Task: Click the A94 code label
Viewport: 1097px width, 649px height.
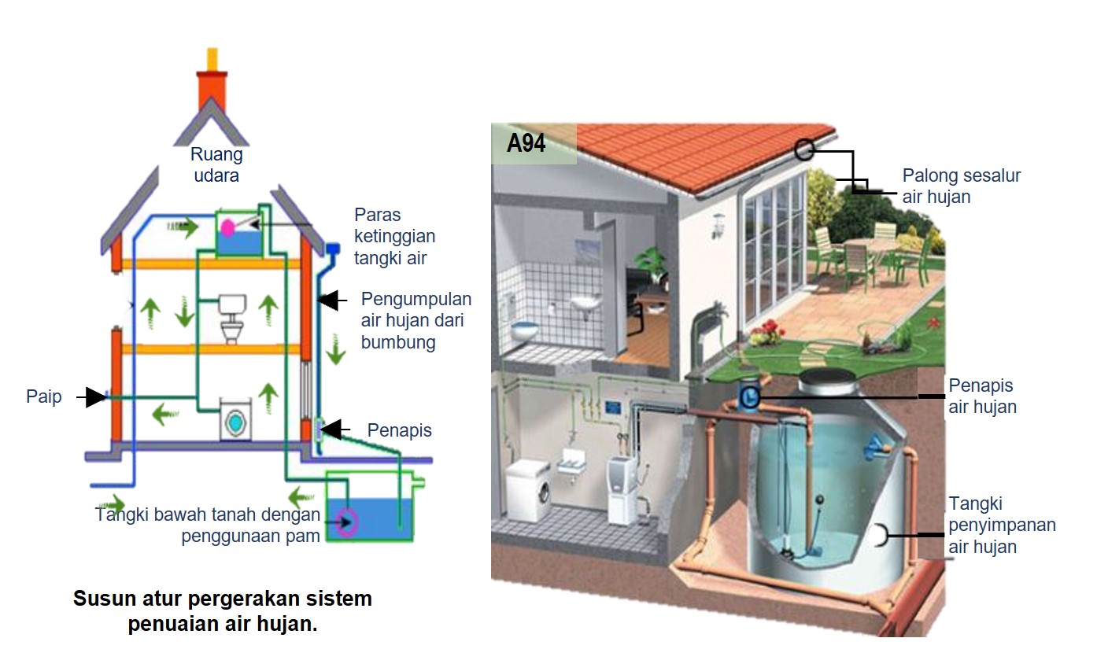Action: [x=526, y=144]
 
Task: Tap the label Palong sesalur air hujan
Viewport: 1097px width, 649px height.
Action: [x=961, y=186]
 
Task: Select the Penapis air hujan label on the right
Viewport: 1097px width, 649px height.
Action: [x=981, y=396]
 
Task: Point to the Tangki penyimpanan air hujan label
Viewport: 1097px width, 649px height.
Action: [x=1002, y=525]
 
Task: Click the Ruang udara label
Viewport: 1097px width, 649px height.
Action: [x=216, y=165]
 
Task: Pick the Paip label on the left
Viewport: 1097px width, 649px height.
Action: [x=44, y=397]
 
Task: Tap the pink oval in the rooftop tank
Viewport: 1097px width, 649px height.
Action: [x=227, y=228]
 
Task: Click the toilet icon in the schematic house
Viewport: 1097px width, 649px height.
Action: [x=232, y=318]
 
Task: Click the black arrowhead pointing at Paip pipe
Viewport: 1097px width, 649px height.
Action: [x=95, y=397]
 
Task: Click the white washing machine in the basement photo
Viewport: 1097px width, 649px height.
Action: [x=527, y=490]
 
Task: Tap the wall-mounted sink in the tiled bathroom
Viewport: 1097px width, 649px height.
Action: [x=585, y=301]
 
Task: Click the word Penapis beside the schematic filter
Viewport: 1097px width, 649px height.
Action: [x=399, y=430]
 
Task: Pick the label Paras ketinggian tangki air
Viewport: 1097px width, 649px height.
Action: [x=394, y=236]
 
